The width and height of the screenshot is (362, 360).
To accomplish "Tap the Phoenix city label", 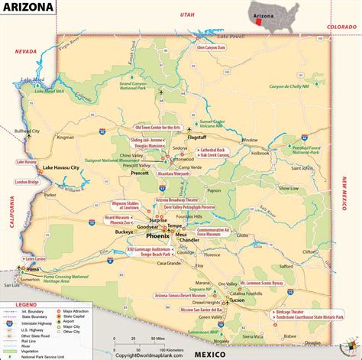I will tap(150, 236).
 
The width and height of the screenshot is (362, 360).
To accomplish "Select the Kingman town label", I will tap(66, 138).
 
